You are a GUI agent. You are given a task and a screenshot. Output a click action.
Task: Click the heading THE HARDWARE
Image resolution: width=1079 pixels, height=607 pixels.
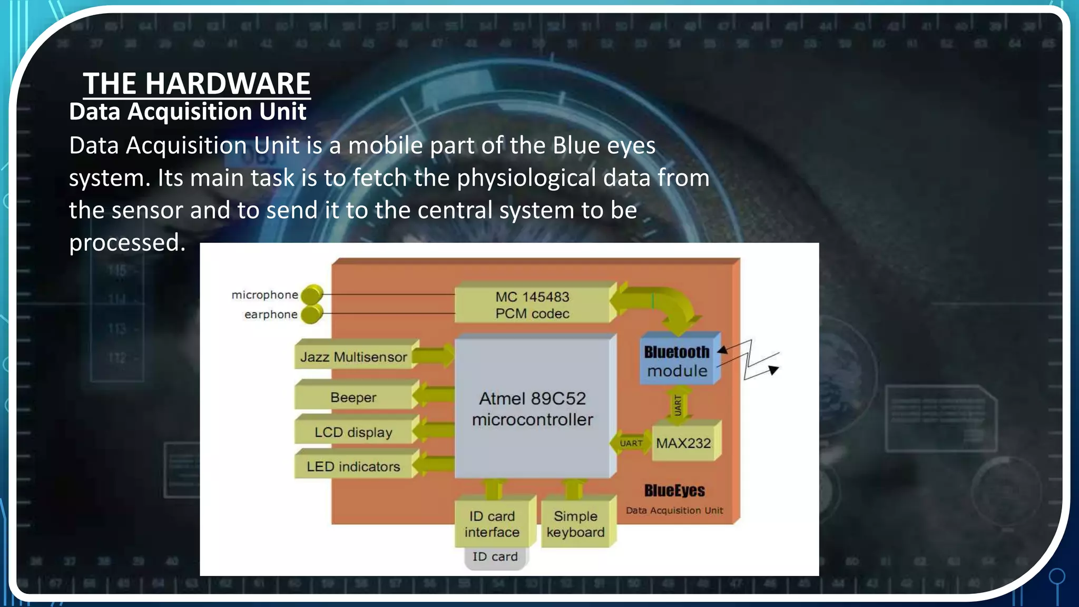(x=197, y=83)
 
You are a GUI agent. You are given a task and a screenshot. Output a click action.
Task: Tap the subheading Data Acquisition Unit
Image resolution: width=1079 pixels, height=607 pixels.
(x=188, y=112)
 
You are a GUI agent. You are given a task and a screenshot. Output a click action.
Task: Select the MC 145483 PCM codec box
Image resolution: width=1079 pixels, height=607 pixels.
(x=532, y=305)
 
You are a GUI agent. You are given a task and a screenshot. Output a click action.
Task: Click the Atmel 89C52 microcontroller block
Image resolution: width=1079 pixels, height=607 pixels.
(x=532, y=409)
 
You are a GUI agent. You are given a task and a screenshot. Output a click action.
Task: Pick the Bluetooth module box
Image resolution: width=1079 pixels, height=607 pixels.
(x=677, y=361)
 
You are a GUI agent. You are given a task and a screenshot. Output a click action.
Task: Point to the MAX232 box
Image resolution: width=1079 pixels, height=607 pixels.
(x=683, y=443)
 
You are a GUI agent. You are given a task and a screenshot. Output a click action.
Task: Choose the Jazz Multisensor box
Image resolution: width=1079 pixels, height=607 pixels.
(x=354, y=357)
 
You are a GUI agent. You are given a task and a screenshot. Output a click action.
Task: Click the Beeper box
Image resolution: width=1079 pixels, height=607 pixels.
(x=354, y=397)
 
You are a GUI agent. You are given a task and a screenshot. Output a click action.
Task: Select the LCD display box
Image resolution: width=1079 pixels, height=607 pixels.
(x=354, y=432)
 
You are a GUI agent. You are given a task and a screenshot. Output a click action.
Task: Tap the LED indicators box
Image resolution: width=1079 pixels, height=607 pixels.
(x=354, y=466)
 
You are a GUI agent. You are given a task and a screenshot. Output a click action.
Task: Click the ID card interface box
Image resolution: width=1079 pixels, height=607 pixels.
(x=492, y=524)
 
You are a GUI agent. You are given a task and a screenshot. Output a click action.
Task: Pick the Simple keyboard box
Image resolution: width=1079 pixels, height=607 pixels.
(x=575, y=524)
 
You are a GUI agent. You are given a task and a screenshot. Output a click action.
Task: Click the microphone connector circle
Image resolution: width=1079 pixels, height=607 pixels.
(x=312, y=294)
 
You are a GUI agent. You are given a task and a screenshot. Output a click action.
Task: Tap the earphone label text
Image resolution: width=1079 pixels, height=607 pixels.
(x=271, y=315)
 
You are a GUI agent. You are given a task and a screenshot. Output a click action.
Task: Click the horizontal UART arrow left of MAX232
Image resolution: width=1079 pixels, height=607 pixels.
(x=631, y=443)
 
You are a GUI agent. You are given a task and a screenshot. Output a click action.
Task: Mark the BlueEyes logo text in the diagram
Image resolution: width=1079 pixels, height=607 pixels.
(x=674, y=491)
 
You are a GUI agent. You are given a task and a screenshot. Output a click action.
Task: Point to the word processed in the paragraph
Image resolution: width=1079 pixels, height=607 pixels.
(x=127, y=243)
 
